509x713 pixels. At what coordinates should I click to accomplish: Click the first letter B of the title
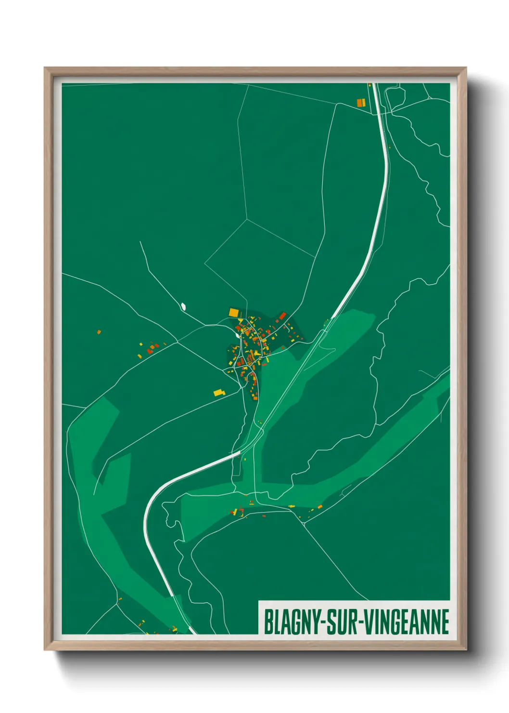click(267, 622)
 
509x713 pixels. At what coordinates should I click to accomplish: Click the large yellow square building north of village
click(233, 312)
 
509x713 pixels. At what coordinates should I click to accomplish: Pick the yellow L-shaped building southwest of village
click(219, 392)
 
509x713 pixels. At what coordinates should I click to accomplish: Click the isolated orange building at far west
click(99, 332)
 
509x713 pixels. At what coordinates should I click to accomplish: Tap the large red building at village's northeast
click(282, 316)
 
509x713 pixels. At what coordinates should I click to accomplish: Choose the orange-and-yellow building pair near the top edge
click(361, 102)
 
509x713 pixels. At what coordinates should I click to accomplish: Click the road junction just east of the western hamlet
click(178, 342)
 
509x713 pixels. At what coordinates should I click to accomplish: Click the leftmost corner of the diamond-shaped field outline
click(205, 264)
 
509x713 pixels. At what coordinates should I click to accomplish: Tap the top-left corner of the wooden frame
click(45, 68)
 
